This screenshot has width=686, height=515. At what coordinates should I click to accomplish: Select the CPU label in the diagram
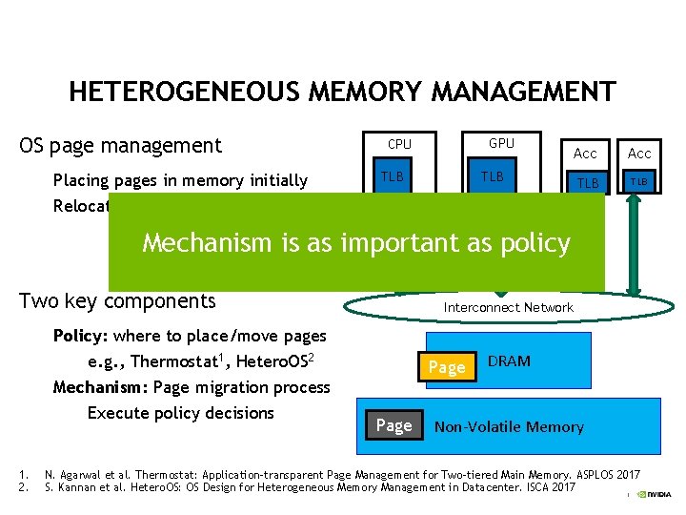pos(399,144)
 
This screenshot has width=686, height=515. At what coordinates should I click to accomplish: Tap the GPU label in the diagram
pos(501,143)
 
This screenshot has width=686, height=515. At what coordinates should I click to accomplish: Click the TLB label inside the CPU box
pos(393,176)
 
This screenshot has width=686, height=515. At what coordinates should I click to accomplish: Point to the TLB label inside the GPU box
pos(493,176)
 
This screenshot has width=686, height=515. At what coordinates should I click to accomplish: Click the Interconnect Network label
pos(509,307)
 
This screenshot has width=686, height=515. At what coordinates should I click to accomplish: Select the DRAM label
pos(509,360)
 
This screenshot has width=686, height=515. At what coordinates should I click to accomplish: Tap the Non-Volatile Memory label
pos(509,426)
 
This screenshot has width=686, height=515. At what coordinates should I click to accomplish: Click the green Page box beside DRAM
pos(447,367)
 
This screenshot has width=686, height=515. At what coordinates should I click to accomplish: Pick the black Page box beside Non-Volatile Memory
pos(393,425)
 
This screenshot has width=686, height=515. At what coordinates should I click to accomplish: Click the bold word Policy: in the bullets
pos(81,336)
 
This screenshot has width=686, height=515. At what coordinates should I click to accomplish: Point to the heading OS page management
pos(120,146)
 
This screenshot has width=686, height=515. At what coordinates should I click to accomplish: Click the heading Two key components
pos(117,301)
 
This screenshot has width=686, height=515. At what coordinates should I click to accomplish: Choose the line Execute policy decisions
pos(180,413)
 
